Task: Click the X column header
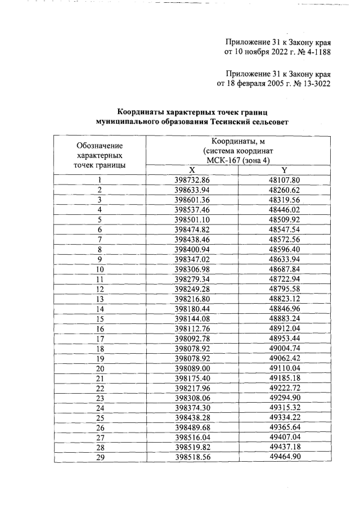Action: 192,170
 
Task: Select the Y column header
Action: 285,170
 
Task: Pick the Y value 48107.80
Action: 285,180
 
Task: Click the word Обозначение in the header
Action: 100,146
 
